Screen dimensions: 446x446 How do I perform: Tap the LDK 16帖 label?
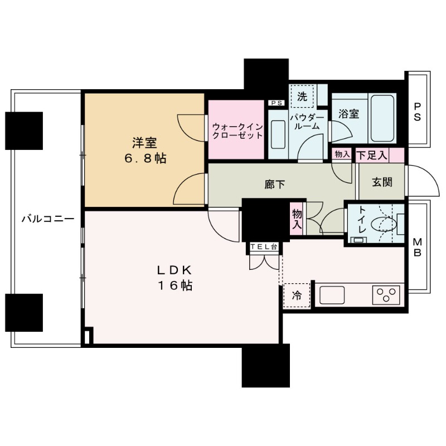(174, 278)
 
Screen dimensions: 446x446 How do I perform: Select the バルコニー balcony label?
(47, 219)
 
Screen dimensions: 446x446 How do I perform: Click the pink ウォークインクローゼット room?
(236, 130)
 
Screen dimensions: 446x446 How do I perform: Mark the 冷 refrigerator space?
(297, 295)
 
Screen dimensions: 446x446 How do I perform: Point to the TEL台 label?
(263, 246)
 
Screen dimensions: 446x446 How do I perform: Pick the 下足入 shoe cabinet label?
(372, 156)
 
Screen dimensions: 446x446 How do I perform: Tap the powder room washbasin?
(276, 133)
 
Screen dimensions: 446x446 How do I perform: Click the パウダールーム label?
(307, 122)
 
